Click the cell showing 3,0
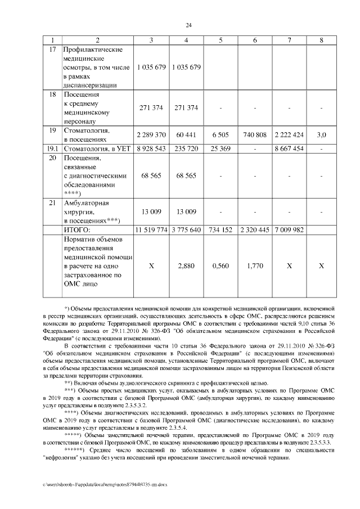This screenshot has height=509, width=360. pyautogui.click(x=321, y=135)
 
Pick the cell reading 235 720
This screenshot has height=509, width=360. pyautogui.click(x=186, y=149)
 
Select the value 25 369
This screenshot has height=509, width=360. pyautogui.click(x=220, y=149)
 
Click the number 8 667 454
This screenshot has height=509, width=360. pyautogui.click(x=290, y=149)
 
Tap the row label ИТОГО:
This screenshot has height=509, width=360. pyautogui.click(x=76, y=229)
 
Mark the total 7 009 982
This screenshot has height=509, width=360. pyautogui.click(x=290, y=229)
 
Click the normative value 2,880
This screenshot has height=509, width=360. pyautogui.click(x=186, y=265)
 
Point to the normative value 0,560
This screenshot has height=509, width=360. pyautogui.click(x=220, y=265)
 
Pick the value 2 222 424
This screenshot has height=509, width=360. pyautogui.click(x=290, y=135)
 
